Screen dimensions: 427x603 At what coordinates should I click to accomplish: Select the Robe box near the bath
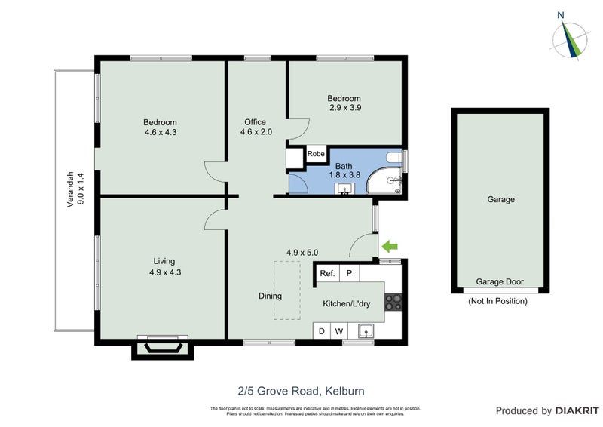(x=316, y=154)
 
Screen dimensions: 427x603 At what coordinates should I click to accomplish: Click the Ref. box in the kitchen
(x=327, y=273)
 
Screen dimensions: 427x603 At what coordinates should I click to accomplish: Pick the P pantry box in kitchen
(x=349, y=273)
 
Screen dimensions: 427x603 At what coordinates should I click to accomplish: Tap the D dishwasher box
(x=322, y=330)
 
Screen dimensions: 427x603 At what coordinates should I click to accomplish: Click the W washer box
(x=339, y=330)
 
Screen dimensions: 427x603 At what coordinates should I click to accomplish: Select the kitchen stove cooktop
(x=393, y=302)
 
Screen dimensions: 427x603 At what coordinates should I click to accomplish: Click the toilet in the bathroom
(x=393, y=158)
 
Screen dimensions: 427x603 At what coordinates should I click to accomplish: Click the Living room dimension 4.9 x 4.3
(x=164, y=272)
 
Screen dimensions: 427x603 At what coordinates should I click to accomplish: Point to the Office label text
(x=255, y=122)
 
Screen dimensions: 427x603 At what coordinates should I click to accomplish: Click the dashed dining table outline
(x=286, y=290)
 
